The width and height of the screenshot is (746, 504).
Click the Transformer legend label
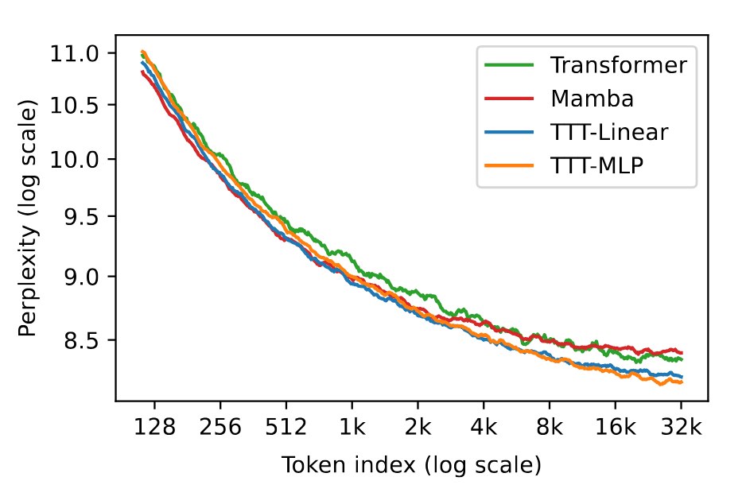(619, 64)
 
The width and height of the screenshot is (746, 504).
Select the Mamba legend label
(592, 99)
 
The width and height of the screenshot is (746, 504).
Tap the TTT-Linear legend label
(609, 132)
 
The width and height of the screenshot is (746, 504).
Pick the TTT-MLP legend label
(596, 165)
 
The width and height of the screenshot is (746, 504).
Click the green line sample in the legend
(509, 64)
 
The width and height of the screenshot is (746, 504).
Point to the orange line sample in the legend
(509, 165)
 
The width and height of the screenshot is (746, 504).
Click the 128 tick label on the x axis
(154, 427)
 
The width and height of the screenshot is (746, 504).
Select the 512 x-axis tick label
(286, 427)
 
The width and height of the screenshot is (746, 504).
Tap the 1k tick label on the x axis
(352, 427)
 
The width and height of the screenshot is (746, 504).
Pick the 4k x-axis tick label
(484, 427)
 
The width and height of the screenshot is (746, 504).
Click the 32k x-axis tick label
(682, 427)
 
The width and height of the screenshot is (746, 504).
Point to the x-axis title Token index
(348, 464)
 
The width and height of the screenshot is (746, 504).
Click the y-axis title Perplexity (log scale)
(28, 218)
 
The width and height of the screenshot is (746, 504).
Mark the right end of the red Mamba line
(682, 353)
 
